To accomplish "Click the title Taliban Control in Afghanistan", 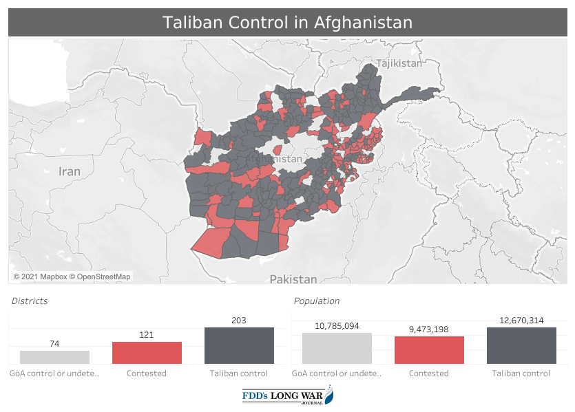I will [x=287, y=23].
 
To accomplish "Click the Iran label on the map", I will [x=70, y=171].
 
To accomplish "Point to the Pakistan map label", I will [x=293, y=279].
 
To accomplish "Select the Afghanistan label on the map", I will [x=274, y=159].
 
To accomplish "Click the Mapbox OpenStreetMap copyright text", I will [x=72, y=277].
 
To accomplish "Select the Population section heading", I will [x=316, y=301].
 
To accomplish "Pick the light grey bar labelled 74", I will [x=54, y=358].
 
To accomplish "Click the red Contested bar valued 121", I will [x=147, y=353].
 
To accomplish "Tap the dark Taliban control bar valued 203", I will [x=239, y=345].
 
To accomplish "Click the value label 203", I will [x=239, y=321].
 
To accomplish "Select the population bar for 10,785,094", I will [x=337, y=349].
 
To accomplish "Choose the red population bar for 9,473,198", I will [x=429, y=350].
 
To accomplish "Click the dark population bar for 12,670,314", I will [x=521, y=345].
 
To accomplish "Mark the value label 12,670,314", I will [x=521, y=321].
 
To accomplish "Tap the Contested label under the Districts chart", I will [x=147, y=373].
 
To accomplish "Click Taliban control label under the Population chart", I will [x=521, y=373].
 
